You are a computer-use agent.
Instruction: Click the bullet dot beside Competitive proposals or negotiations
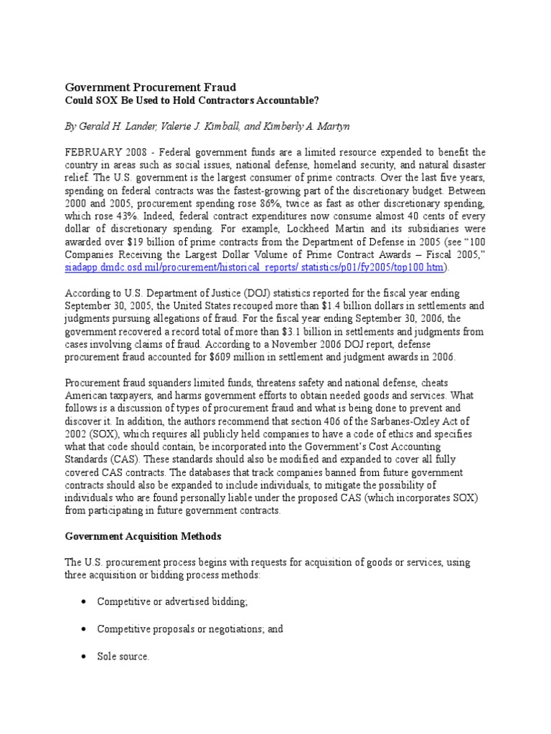click(85, 629)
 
